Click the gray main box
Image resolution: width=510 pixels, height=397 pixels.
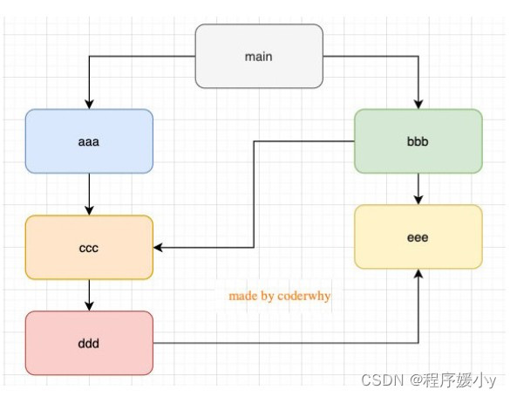(259, 57)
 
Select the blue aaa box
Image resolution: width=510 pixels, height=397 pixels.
(89, 140)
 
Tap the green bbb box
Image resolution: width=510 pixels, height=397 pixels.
(418, 140)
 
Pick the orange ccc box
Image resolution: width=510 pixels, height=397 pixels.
(89, 248)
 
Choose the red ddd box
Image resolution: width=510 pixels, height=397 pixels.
(89, 343)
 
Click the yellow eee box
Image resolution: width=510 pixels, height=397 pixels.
(418, 236)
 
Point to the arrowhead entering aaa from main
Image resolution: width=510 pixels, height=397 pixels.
(89, 104)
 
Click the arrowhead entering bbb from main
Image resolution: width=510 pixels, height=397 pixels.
(418, 104)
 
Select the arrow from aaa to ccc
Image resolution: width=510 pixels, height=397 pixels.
(89, 194)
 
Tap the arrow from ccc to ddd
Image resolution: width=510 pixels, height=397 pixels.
(89, 295)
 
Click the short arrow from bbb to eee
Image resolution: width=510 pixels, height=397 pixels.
(418, 188)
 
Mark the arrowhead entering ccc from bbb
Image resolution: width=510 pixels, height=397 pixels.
(160, 248)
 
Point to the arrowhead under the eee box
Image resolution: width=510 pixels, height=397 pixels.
(418, 274)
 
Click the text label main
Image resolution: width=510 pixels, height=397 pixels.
(259, 57)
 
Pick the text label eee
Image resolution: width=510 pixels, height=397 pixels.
(418, 236)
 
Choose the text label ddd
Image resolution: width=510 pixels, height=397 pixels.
(89, 343)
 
